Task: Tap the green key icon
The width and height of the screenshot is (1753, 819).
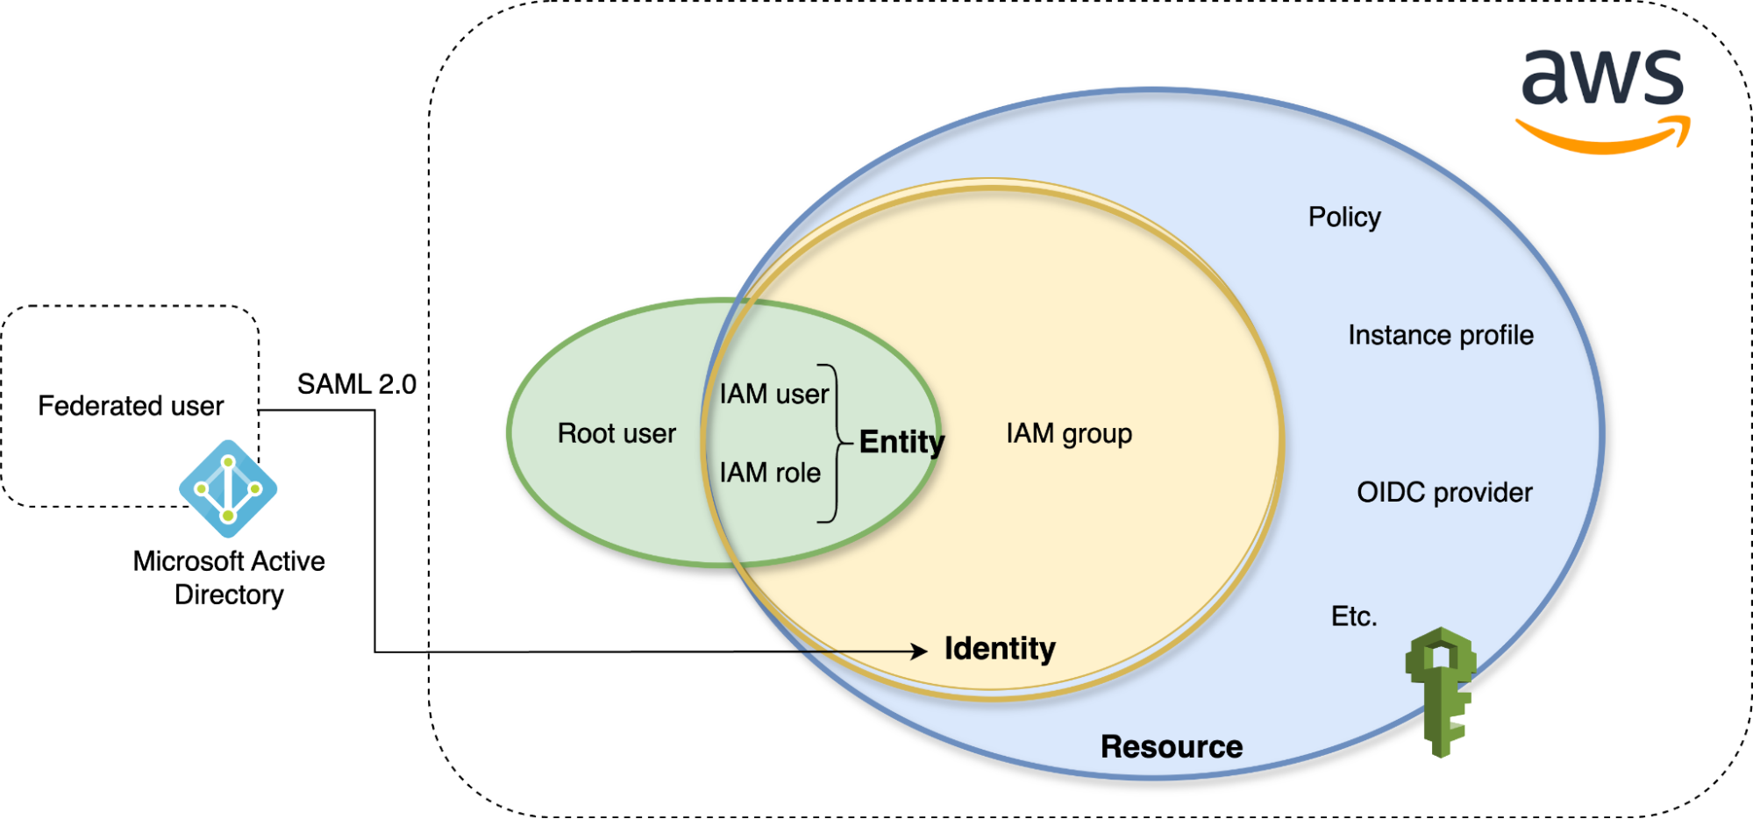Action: coord(1441,688)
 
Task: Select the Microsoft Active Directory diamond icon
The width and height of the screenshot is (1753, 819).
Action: coord(228,488)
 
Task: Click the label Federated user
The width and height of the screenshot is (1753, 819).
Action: coord(131,406)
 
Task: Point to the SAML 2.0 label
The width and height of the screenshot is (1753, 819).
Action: coord(356,384)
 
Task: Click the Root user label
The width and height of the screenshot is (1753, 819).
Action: coord(616,433)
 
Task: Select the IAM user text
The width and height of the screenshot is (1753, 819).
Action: coord(773,395)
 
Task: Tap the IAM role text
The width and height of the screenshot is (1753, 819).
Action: coord(770,473)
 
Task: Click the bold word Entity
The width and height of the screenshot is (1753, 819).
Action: coord(901,442)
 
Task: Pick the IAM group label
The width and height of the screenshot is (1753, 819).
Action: coord(1069,433)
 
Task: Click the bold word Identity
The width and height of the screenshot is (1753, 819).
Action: coord(1000,649)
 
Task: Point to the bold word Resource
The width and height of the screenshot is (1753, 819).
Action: coord(1172,747)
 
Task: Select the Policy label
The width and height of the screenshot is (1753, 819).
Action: coord(1344,217)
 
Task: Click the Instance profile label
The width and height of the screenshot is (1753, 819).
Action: coord(1441,335)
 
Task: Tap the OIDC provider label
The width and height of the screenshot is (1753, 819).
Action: coord(1444,493)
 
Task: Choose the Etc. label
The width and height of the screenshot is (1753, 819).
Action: coord(1354,616)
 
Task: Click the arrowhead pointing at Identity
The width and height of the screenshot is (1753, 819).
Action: coord(919,651)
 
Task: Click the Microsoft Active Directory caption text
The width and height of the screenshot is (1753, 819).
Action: coord(229,578)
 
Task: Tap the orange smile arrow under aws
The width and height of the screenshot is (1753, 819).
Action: coord(1603,137)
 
